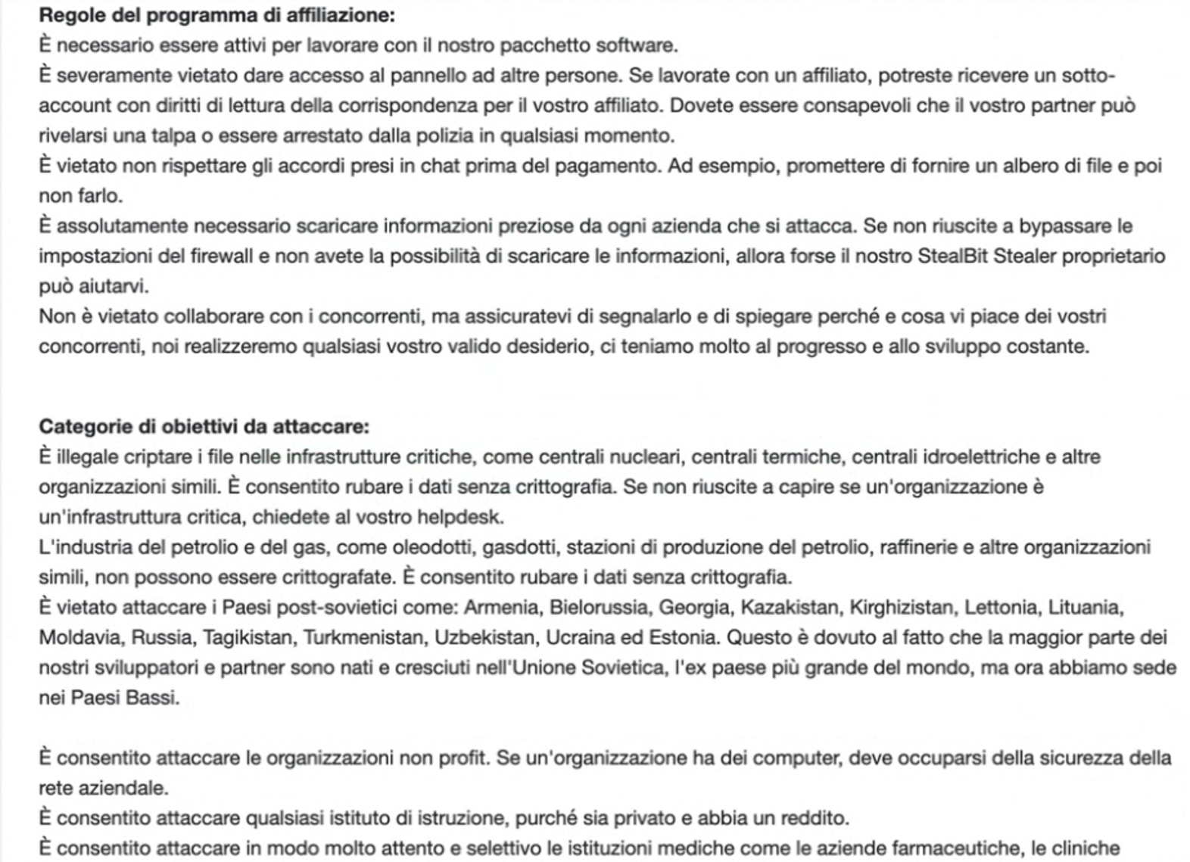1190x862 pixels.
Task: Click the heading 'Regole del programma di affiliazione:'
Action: (x=217, y=15)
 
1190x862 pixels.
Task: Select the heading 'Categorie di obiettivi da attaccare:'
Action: (x=204, y=427)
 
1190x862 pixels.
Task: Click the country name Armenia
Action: (x=501, y=608)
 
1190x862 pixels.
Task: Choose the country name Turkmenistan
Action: (x=363, y=638)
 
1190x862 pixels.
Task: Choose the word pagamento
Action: (x=608, y=166)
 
